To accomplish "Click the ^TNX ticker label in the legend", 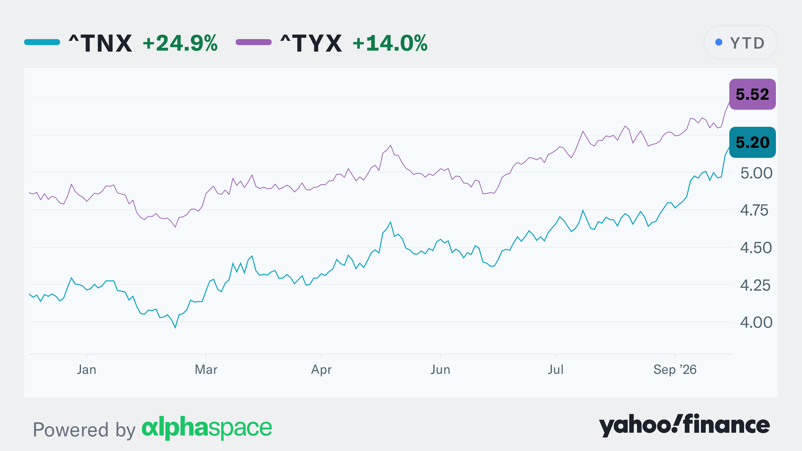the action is pyautogui.click(x=100, y=43).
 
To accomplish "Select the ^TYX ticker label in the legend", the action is pyautogui.click(x=311, y=43).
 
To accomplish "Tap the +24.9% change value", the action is pyautogui.click(x=180, y=43).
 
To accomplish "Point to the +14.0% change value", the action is pyautogui.click(x=390, y=43).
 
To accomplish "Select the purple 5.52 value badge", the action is pyautogui.click(x=752, y=94).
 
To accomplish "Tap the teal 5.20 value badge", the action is pyautogui.click(x=752, y=142).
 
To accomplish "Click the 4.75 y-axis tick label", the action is pyautogui.click(x=754, y=210).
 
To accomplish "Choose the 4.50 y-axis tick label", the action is pyautogui.click(x=756, y=248).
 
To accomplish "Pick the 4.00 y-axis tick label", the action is pyautogui.click(x=756, y=322).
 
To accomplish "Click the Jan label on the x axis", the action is pyautogui.click(x=86, y=370).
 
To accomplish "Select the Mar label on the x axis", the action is pyautogui.click(x=206, y=370).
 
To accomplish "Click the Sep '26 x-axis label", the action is pyautogui.click(x=675, y=370).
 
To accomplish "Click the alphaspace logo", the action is pyautogui.click(x=207, y=428).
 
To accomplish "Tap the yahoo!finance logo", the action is pyautogui.click(x=684, y=425).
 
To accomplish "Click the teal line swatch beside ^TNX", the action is pyautogui.click(x=42, y=42).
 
